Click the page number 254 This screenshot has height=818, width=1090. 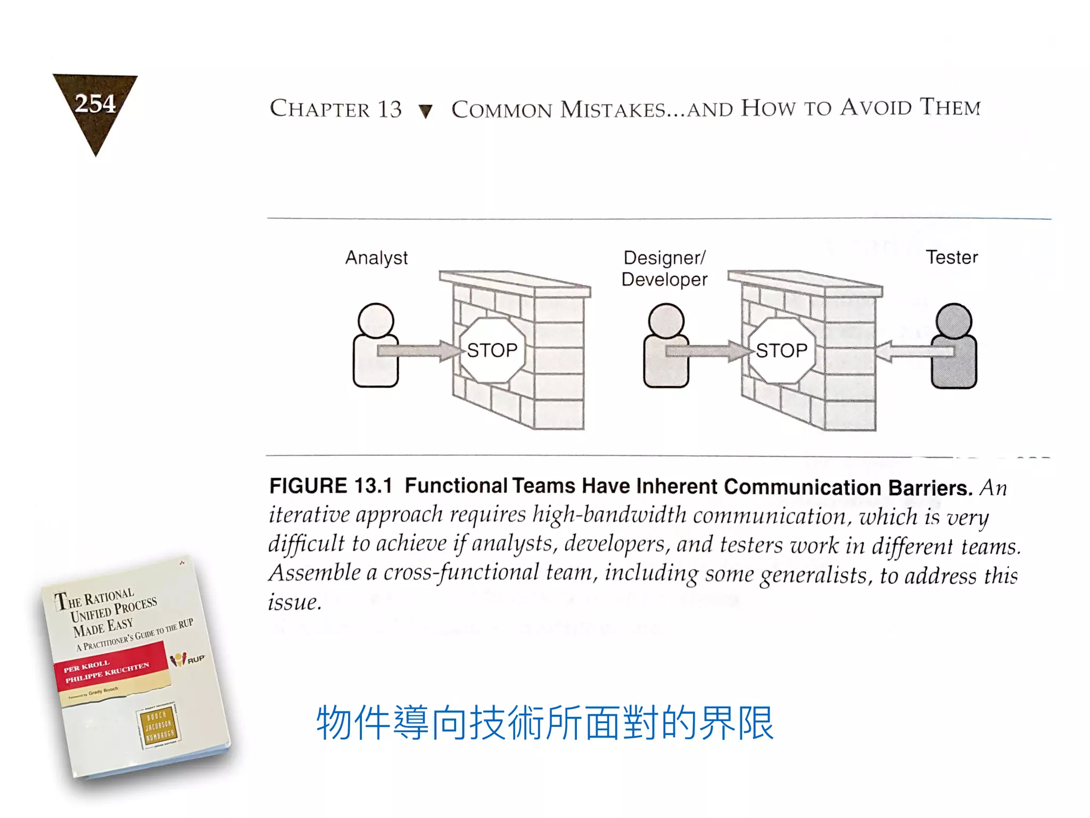(95, 103)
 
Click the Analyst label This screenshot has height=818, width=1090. (376, 258)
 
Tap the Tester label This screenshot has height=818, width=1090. (952, 257)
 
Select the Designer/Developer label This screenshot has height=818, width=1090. (664, 268)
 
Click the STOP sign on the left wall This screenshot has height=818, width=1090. (492, 350)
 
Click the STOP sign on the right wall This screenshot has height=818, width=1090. (781, 350)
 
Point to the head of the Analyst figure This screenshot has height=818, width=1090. (376, 321)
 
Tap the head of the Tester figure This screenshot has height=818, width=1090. (954, 321)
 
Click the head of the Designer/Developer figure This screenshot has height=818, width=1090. (666, 321)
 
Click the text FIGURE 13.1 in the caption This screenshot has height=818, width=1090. (331, 486)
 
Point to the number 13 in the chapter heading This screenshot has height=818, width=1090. (390, 109)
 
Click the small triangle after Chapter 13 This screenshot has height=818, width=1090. (425, 111)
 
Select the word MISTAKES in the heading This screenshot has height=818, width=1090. (613, 109)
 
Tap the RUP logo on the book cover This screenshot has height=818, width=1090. (187, 659)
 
